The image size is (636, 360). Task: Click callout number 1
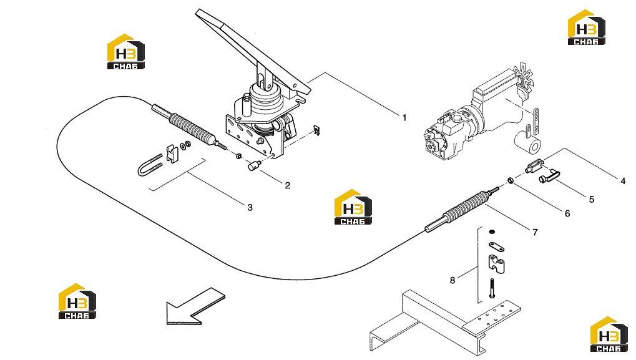[404, 118]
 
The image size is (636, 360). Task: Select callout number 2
[288, 186]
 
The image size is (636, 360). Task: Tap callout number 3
[250, 208]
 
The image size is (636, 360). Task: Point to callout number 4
[623, 181]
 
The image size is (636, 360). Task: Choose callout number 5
[592, 200]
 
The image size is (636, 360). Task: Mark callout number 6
[567, 213]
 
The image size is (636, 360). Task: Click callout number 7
[535, 232]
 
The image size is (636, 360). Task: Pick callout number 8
[453, 280]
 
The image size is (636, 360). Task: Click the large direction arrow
[195, 306]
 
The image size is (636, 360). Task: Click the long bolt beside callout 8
[492, 289]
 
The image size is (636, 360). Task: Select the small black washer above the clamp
[492, 231]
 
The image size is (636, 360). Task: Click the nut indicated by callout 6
[511, 180]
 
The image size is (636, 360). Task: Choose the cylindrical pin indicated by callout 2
[253, 165]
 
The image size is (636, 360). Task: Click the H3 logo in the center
[353, 207]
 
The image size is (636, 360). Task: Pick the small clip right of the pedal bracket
[317, 130]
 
